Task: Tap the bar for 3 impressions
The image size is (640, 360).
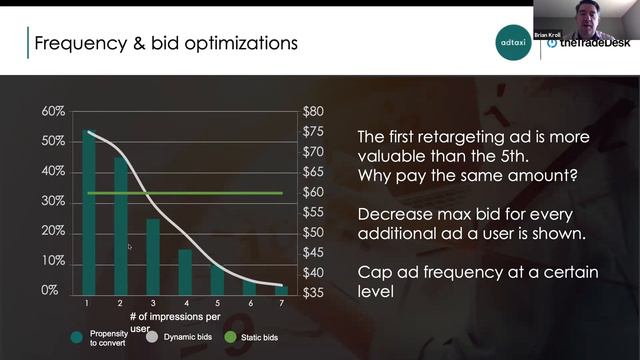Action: coord(153,256)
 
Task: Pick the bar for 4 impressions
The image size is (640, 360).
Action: coord(185,271)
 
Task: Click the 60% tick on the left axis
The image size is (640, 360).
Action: coord(53,111)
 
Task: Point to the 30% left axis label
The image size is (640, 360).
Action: coord(53,201)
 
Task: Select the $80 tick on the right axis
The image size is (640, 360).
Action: coord(314,111)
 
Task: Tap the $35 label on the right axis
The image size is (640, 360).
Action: coord(314,293)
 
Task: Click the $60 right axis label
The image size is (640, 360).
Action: coord(314,192)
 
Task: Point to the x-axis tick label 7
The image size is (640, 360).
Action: coord(281,303)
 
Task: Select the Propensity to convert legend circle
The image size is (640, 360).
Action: coord(77,337)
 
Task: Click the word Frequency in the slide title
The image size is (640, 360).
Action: coord(77,43)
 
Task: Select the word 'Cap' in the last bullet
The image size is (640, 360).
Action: coord(375,272)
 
